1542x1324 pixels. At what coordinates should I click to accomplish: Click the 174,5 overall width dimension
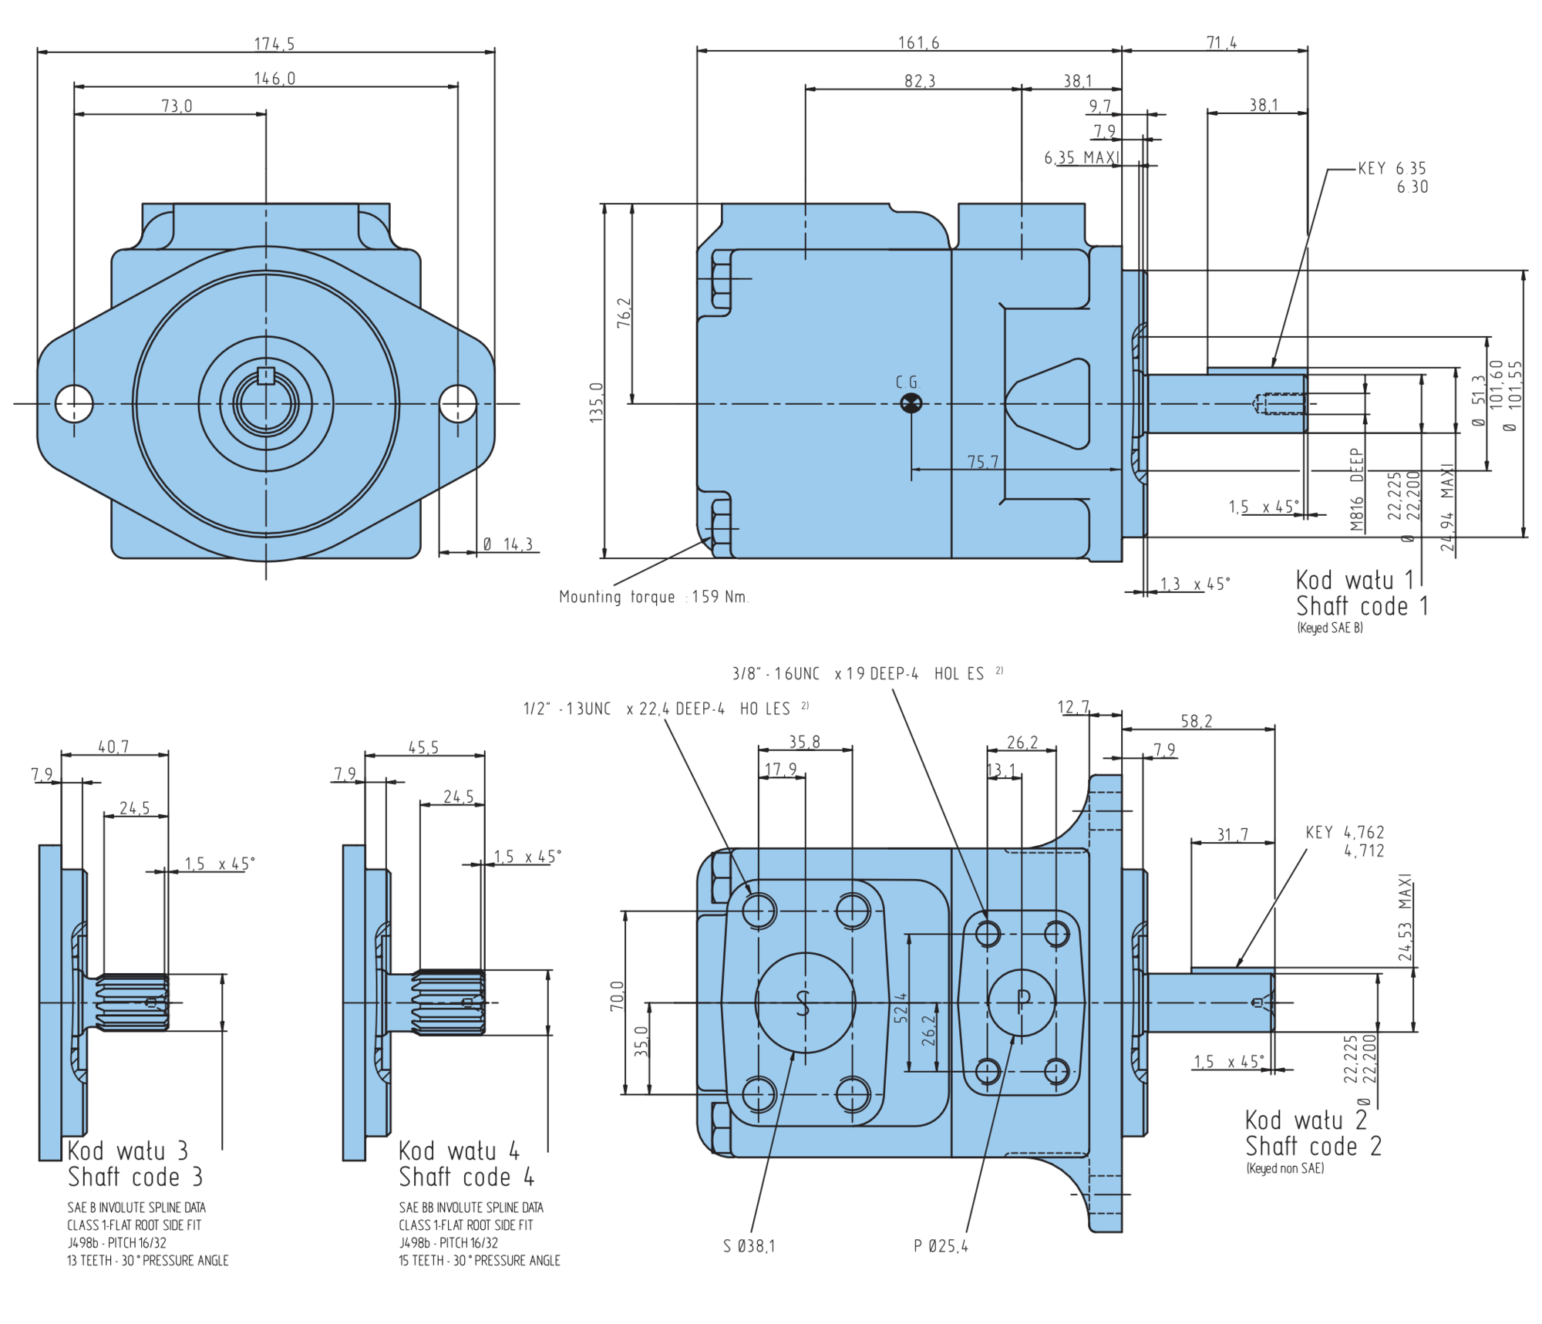pos(274,44)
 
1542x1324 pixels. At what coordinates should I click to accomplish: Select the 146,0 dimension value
pos(274,79)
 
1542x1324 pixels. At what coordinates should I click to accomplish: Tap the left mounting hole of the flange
pos(74,403)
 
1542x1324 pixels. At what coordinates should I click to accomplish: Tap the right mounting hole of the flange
pos(458,403)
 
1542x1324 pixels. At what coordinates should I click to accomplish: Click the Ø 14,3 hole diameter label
pos(508,544)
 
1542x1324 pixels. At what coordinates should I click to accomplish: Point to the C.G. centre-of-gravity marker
pos(911,403)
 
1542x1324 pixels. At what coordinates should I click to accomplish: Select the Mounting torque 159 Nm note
pos(654,597)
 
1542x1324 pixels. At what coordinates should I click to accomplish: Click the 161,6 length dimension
pos(918,42)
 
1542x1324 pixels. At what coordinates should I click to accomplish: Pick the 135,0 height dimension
pos(596,402)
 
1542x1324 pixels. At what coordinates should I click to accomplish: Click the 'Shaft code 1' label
pos(1362,606)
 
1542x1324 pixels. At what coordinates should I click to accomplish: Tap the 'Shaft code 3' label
pos(135,1177)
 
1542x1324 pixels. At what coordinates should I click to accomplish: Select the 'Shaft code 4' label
pos(466,1177)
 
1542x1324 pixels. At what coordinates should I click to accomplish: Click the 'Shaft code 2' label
pos(1313,1146)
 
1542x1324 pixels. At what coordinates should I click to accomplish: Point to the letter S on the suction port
pos(803,1002)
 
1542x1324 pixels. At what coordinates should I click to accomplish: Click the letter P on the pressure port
pos(1023,1001)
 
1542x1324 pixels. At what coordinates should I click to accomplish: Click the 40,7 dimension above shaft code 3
pos(113,746)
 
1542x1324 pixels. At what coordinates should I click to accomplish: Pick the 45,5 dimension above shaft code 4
pos(423,747)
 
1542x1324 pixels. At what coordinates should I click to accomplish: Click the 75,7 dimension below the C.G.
pos(983,461)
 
